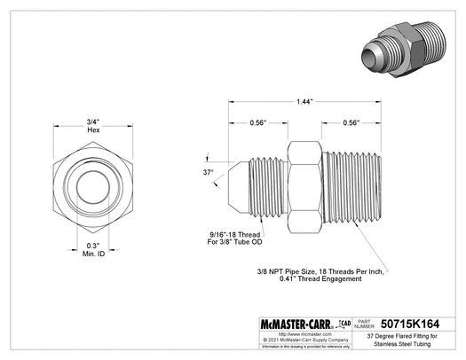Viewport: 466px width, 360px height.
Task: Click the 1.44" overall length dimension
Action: [304, 102]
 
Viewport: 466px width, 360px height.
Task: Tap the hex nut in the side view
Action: [304, 187]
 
